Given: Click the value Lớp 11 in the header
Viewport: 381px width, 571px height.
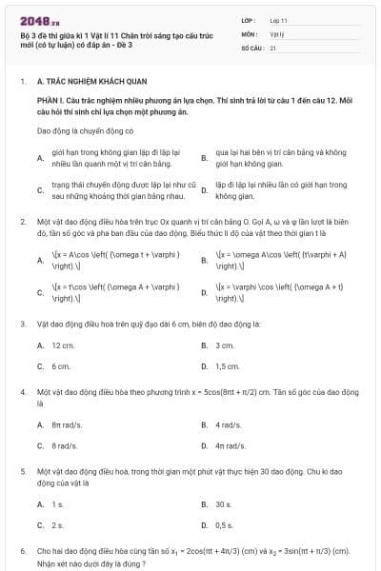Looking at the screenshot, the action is pyautogui.click(x=279, y=19).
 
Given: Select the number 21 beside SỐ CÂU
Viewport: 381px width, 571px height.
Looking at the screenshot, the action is pyautogui.click(x=272, y=46).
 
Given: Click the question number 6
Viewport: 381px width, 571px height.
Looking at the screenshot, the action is pyautogui.click(x=22, y=551).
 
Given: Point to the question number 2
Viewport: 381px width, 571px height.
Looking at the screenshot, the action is pyautogui.click(x=22, y=222).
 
